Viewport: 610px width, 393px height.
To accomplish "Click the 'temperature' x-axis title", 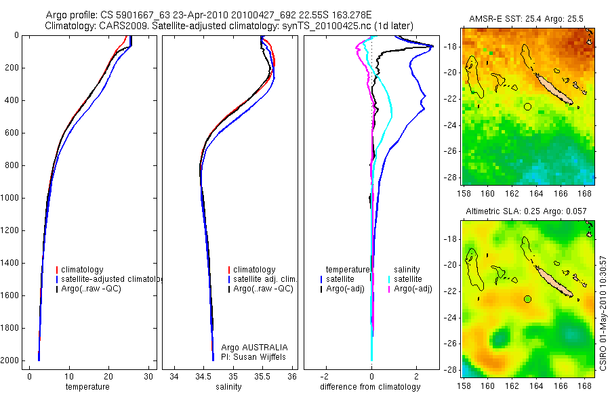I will pyautogui.click(x=87, y=387).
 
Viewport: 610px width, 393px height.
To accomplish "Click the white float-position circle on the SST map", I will pyautogui.click(x=528, y=106).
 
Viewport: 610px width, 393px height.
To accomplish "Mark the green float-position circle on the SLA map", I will pyautogui.click(x=528, y=299).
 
